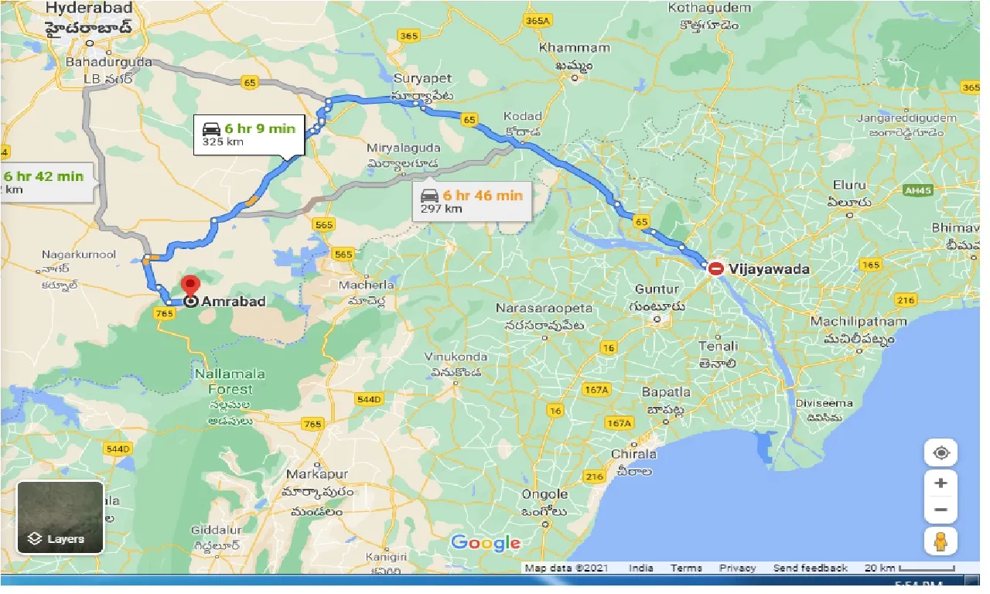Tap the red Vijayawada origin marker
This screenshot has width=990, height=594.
tap(716, 268)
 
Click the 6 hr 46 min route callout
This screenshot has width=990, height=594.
tap(470, 201)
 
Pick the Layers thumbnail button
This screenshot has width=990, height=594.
tap(60, 516)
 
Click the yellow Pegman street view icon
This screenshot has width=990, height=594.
tap(940, 541)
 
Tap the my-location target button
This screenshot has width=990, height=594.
tap(940, 453)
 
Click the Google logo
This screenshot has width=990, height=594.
tap(486, 542)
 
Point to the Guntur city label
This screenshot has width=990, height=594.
tap(657, 288)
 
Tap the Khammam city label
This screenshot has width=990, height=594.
tap(575, 48)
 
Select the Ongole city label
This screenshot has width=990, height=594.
tap(546, 494)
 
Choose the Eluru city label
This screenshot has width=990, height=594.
tap(850, 186)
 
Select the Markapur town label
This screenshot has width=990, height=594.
tap(317, 473)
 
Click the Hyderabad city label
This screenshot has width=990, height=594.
tap(89, 9)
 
